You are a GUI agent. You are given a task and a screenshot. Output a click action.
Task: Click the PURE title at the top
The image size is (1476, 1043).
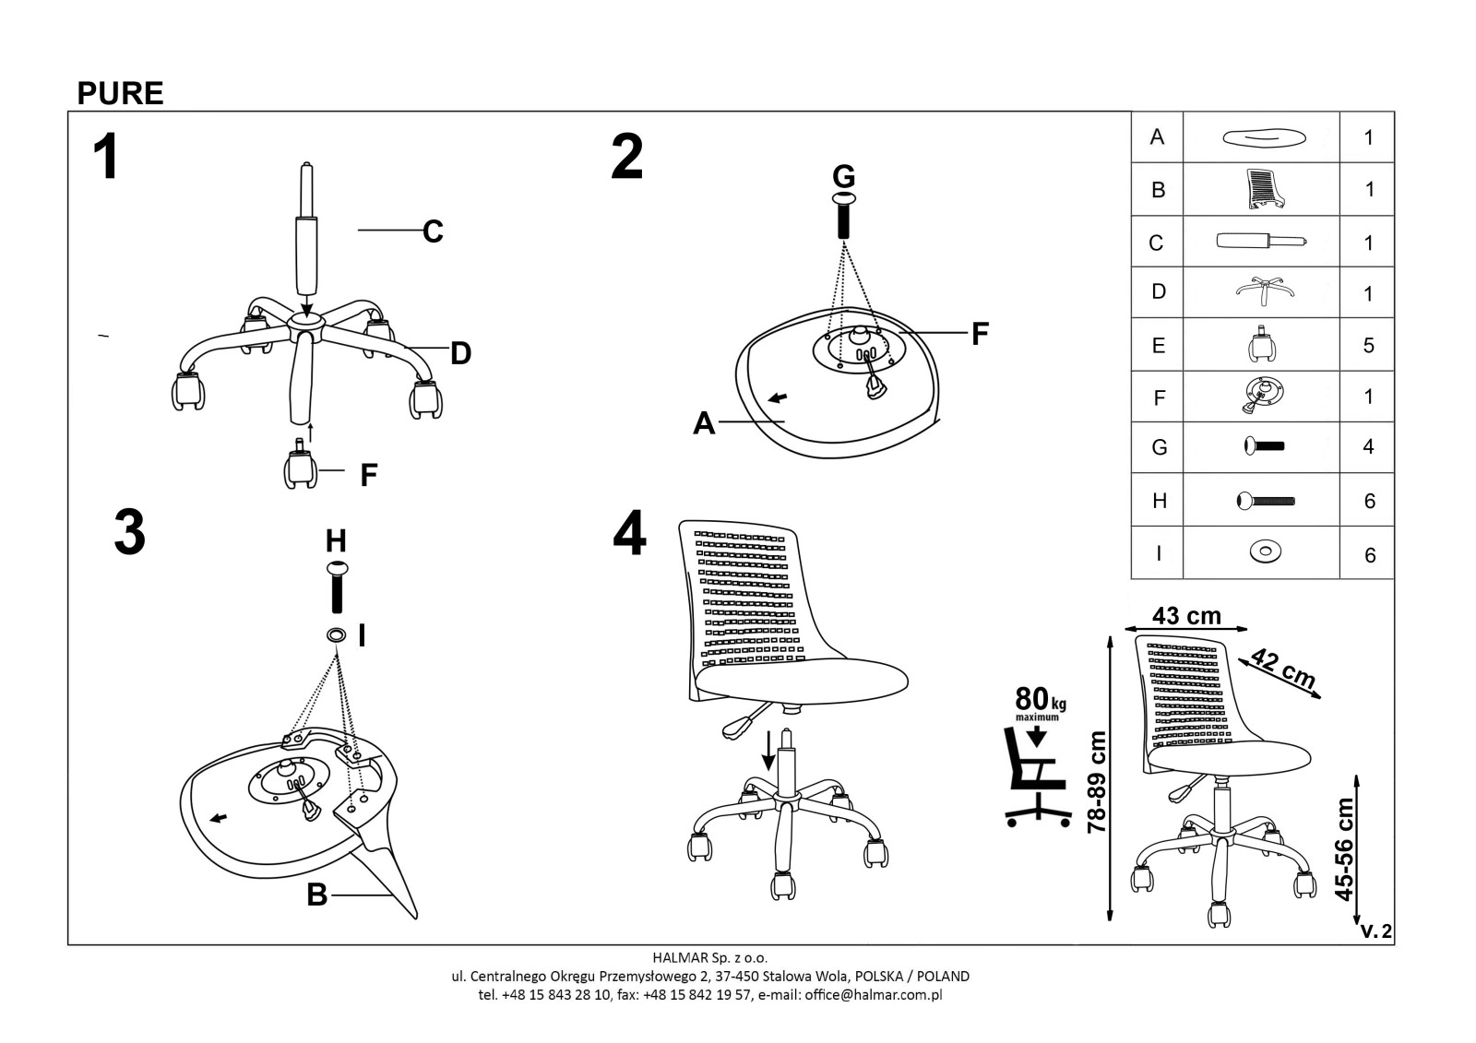(120, 93)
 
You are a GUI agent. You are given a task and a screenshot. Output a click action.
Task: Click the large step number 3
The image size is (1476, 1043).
(129, 533)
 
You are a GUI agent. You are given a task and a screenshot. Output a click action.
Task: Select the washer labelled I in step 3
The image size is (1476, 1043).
(336, 635)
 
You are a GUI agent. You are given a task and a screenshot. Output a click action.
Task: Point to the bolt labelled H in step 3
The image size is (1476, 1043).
(337, 586)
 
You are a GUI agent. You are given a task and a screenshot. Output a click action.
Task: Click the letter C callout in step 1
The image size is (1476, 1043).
(433, 231)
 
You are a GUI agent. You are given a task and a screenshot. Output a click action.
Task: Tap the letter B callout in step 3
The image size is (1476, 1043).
(316, 895)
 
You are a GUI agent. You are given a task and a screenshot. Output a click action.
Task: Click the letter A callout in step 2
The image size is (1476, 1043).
(704, 423)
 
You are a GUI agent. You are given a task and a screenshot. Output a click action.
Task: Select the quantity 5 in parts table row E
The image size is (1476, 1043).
(1368, 345)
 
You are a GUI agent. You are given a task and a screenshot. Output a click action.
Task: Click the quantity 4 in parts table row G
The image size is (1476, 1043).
(1368, 446)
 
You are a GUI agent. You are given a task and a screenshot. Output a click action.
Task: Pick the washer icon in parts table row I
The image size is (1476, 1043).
(1264, 552)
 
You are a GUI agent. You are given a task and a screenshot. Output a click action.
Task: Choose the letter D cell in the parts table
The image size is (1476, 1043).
(1159, 291)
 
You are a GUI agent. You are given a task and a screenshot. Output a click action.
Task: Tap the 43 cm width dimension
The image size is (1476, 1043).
(1186, 615)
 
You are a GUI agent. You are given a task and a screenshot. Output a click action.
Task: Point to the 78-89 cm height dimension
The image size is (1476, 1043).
(1096, 782)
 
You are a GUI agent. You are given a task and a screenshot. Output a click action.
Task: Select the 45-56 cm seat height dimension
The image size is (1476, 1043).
(1345, 848)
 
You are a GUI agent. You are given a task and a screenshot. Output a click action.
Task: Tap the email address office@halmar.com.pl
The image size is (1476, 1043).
(873, 994)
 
